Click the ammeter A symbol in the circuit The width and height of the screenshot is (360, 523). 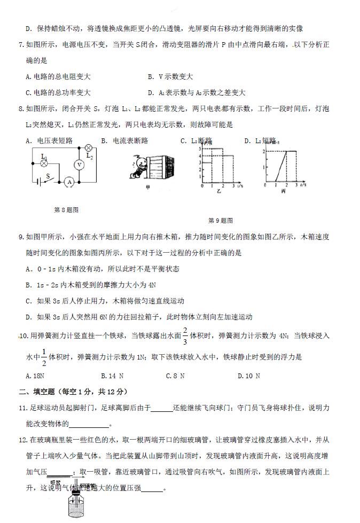[x=68, y=182]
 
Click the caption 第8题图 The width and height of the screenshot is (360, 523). [x=66, y=210]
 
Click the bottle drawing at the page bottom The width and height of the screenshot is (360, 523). [x=79, y=505]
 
